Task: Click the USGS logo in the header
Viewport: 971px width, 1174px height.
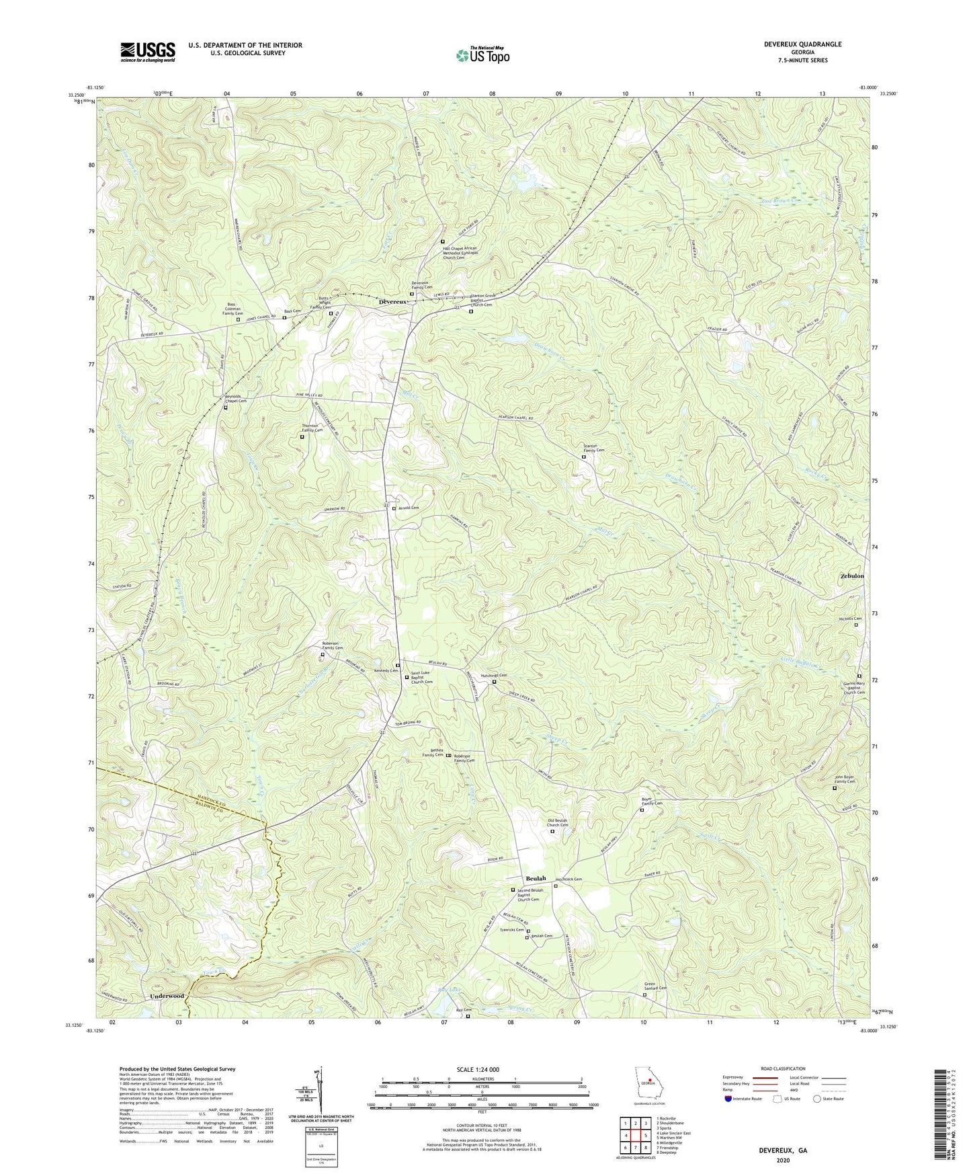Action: (x=148, y=51)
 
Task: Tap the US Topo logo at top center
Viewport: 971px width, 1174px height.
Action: (x=482, y=55)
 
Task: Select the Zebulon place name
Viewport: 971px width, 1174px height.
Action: (x=852, y=576)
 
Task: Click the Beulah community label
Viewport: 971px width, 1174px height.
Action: (x=536, y=879)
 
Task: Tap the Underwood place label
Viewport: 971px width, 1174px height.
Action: (x=167, y=996)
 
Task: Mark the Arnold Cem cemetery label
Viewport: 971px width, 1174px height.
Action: (x=409, y=508)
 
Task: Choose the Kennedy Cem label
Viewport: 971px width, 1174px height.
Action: (x=386, y=670)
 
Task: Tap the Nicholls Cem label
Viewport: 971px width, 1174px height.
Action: (x=849, y=619)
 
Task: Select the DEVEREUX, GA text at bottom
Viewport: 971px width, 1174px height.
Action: (x=783, y=1150)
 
